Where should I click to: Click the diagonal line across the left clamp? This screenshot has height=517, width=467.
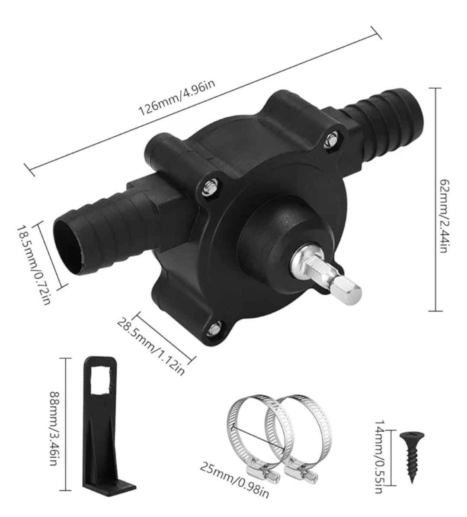pyautogui.click(x=258, y=439)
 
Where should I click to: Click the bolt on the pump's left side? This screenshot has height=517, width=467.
pyautogui.click(x=209, y=187)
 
